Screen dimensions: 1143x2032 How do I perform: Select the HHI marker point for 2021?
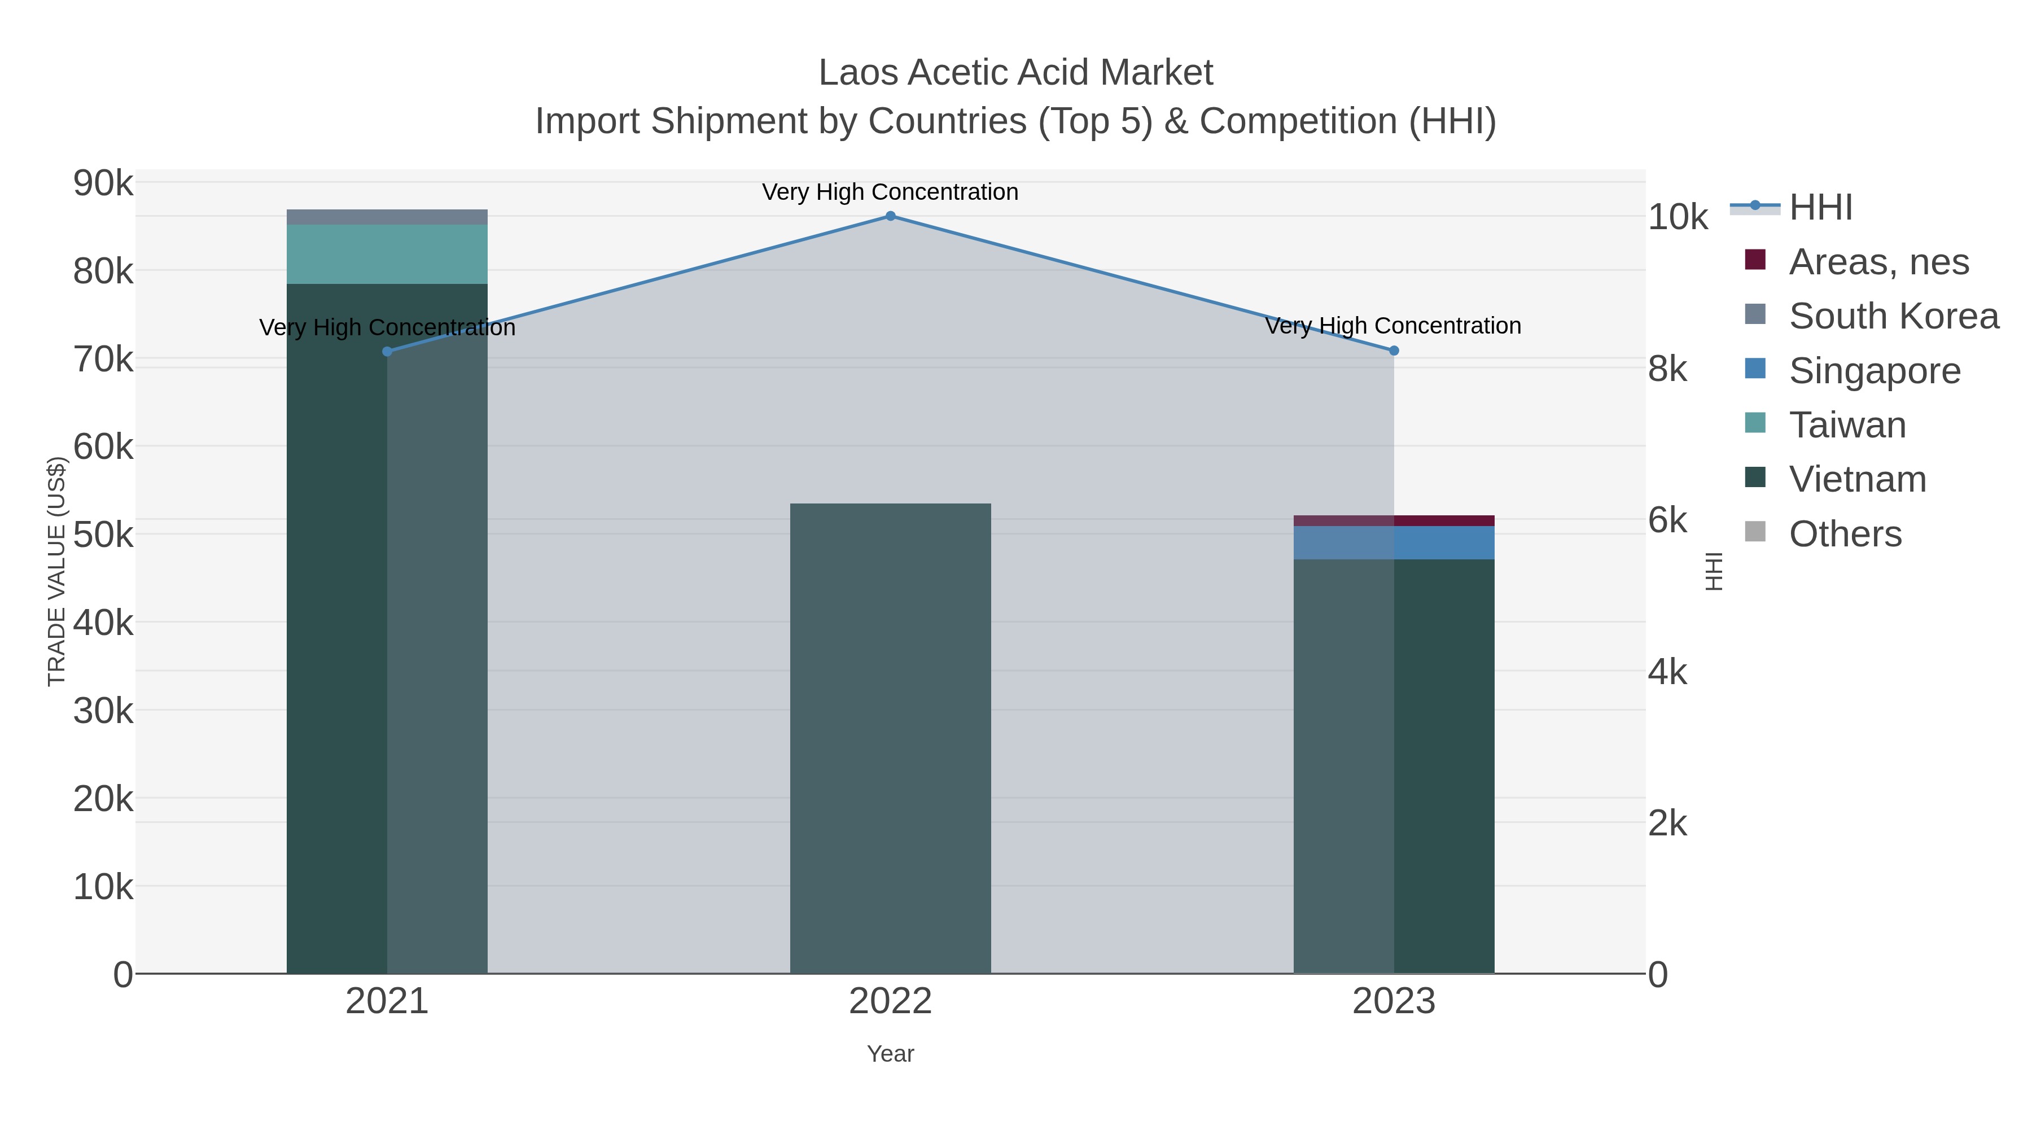[387, 352]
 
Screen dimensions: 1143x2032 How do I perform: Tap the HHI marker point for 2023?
[1394, 350]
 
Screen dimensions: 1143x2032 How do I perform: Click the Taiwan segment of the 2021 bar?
[387, 254]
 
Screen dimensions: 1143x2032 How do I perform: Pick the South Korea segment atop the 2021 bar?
[387, 217]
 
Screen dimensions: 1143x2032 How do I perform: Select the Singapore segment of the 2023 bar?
[1394, 542]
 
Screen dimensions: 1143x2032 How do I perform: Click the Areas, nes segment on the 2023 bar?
[1394, 520]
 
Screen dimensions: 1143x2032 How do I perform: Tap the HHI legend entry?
[1820, 208]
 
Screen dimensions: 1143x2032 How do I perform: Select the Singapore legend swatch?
[1755, 369]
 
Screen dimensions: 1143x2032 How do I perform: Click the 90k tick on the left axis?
[103, 184]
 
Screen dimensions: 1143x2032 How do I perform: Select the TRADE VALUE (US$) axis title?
[57, 571]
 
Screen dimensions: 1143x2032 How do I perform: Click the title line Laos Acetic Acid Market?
[1015, 73]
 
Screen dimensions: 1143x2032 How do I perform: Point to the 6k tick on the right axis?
[1667, 520]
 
